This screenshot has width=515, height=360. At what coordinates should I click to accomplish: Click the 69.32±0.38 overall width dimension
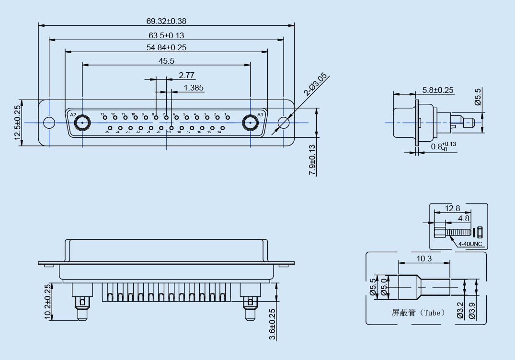pos(166,21)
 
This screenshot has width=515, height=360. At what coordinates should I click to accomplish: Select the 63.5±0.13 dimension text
pos(166,35)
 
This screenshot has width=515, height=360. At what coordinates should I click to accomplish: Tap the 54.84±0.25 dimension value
pos(166,47)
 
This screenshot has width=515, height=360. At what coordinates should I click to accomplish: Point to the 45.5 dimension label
pos(166,61)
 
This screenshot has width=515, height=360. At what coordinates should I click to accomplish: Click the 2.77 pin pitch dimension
pos(186,75)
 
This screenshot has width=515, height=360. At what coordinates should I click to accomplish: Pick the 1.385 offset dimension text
pos(194,88)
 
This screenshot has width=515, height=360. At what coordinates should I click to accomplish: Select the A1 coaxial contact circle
pos(250,123)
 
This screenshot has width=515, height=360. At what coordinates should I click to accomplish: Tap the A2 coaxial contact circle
pos(82,123)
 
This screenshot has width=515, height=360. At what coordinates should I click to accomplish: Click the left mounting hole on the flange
pos(49,123)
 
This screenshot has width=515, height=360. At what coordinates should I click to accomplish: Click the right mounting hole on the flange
pos(284,123)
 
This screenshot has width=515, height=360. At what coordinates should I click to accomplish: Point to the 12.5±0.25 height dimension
pos(18,123)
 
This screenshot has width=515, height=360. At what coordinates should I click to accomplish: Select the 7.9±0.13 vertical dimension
pos(312,160)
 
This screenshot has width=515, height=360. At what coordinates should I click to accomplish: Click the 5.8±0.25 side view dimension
pos(438,90)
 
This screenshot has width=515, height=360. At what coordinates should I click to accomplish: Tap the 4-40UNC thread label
pos(470,244)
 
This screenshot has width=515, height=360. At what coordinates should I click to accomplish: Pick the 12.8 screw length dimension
pos(452,208)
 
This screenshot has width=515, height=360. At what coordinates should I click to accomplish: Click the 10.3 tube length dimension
pos(424,259)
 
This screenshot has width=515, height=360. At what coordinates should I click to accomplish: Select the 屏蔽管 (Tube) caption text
pos(418,313)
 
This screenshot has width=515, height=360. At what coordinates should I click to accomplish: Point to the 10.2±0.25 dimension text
pos(47,302)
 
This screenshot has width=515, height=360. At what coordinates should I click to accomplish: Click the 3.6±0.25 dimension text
pos(272,324)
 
